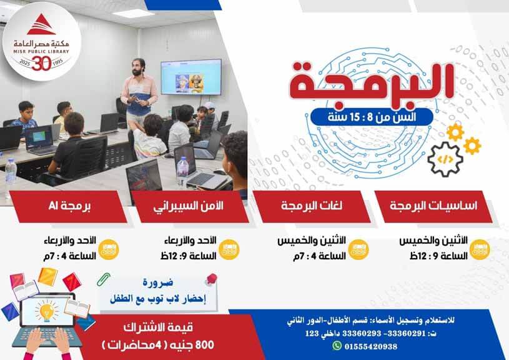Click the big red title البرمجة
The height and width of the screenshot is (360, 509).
371,83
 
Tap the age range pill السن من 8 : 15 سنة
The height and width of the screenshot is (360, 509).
372,117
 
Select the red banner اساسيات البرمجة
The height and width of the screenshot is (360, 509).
433,206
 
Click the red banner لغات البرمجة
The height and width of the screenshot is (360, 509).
312,206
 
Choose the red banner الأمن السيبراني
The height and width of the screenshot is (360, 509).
190,206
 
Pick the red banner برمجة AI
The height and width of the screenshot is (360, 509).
68,206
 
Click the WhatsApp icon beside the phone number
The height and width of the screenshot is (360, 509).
337,346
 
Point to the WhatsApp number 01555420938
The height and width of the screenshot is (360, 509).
371,346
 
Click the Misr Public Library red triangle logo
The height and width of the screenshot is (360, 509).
41,25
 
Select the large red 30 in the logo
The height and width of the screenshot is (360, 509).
42,63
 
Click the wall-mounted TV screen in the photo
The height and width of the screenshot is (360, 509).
191,77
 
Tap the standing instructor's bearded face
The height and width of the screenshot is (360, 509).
138,67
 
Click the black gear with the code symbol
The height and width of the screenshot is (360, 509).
445,159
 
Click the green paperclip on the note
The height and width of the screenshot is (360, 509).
104,279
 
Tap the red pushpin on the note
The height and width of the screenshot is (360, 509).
211,279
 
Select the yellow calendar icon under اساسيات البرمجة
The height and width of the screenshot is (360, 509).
480,249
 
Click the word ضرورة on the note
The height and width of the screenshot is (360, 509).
158,282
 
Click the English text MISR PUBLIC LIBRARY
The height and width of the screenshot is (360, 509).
41,51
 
